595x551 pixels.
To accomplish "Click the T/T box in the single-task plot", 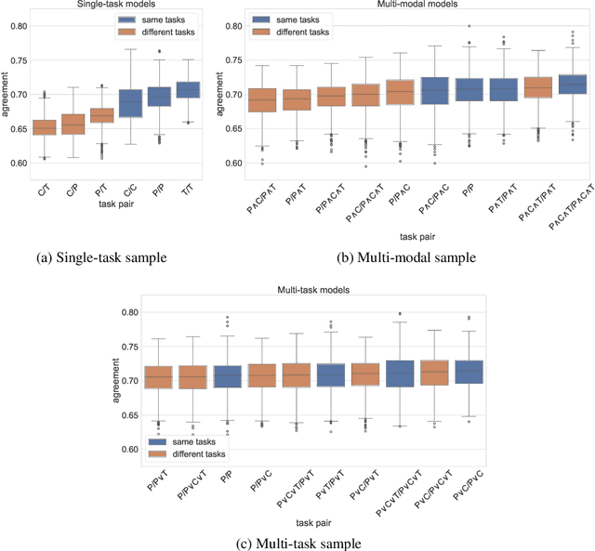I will (188, 89).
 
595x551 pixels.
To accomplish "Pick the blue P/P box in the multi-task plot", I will (228, 376).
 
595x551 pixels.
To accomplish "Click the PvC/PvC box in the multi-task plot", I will (469, 373).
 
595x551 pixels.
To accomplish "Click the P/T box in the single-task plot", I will (103, 115).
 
